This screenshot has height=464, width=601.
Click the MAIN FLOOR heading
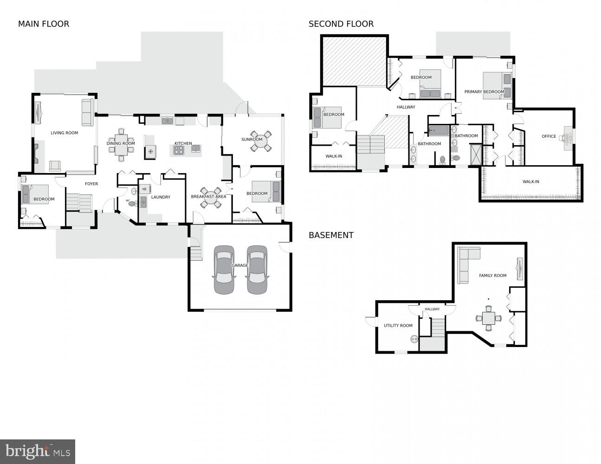click(x=44, y=24)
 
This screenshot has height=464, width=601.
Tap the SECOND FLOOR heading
click(x=341, y=24)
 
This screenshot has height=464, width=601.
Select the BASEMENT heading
click(x=331, y=235)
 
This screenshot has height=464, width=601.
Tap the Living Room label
click(x=65, y=133)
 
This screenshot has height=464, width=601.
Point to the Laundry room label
click(x=161, y=197)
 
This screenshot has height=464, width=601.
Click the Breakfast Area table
click(x=211, y=197)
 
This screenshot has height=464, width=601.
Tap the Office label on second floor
click(x=549, y=136)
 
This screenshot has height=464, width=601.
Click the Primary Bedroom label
click(x=484, y=92)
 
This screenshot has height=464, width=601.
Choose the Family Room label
click(x=493, y=276)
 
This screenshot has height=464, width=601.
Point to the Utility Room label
click(x=398, y=326)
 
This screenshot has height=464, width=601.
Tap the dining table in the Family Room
click(x=488, y=318)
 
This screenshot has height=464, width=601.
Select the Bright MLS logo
click(x=38, y=451)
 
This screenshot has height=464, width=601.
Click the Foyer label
click(x=91, y=184)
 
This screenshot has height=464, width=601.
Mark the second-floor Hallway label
click(x=406, y=107)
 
